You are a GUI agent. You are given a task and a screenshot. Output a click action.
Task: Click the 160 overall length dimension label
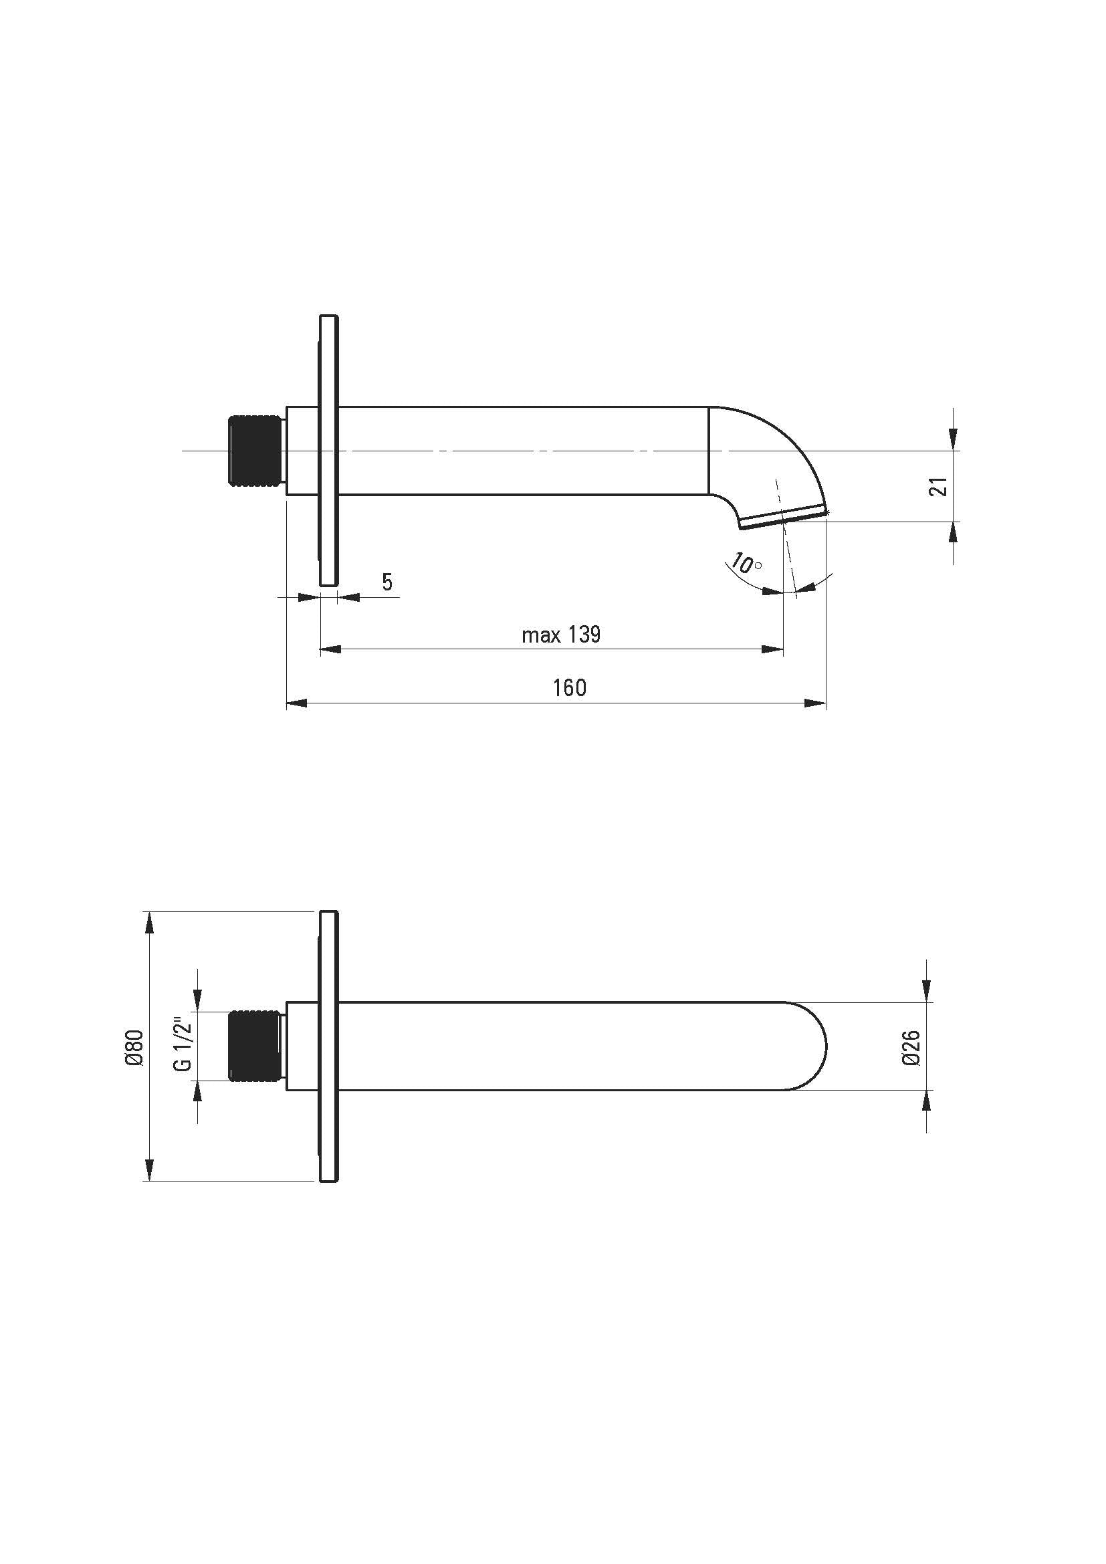(x=569, y=688)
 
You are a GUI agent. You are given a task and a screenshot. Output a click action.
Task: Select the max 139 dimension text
(x=561, y=635)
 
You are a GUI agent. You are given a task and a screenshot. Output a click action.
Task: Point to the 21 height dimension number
(x=939, y=486)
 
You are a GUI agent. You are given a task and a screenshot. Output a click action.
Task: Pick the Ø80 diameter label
(x=136, y=1047)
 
